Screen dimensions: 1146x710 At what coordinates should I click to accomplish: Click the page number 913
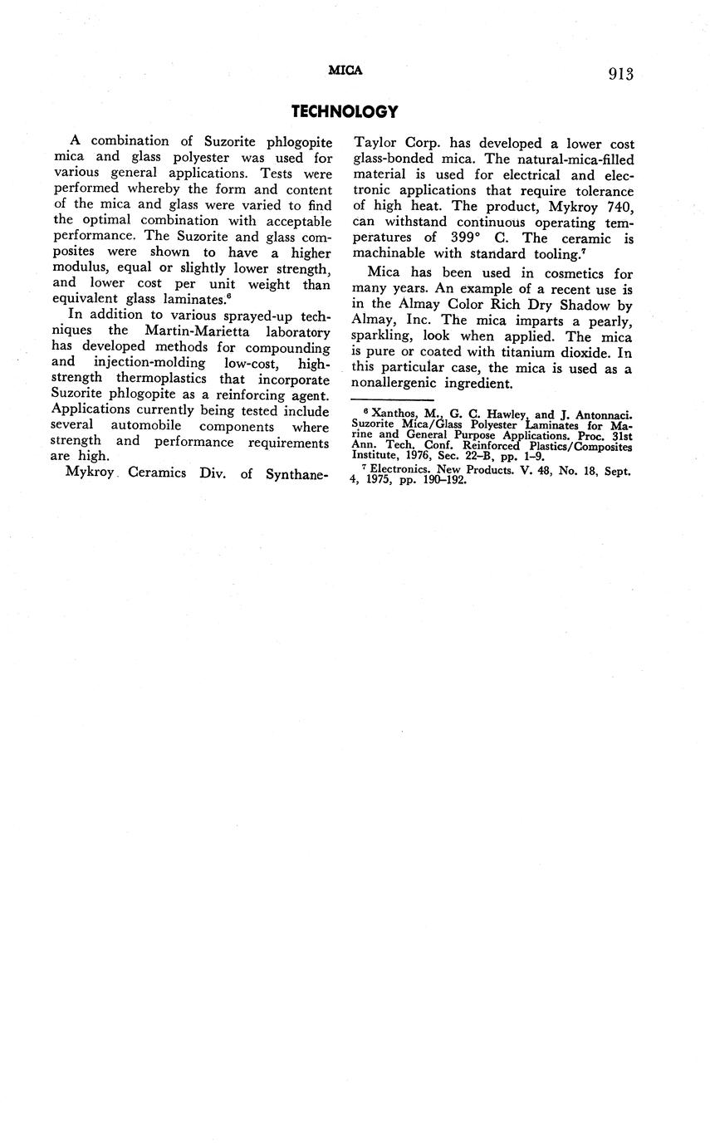click(x=620, y=75)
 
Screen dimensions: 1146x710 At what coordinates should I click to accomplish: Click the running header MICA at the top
click(x=345, y=71)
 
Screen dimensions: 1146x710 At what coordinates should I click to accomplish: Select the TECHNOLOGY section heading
click(x=345, y=111)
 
